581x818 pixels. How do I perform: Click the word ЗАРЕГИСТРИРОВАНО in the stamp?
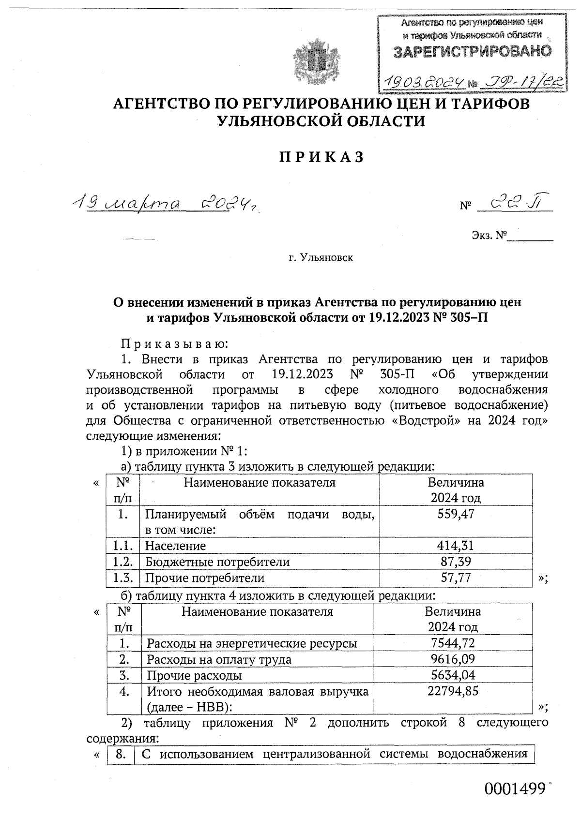pos(472,51)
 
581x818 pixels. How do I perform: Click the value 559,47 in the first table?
pos(455,514)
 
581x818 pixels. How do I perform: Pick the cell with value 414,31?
pos(455,546)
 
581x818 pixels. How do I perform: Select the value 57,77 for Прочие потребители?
pos(455,578)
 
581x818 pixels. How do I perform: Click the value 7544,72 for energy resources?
pos(453,643)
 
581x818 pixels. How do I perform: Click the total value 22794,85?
pos(453,691)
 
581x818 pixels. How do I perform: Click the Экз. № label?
pos(489,236)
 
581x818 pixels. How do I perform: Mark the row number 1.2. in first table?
pos(123,562)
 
